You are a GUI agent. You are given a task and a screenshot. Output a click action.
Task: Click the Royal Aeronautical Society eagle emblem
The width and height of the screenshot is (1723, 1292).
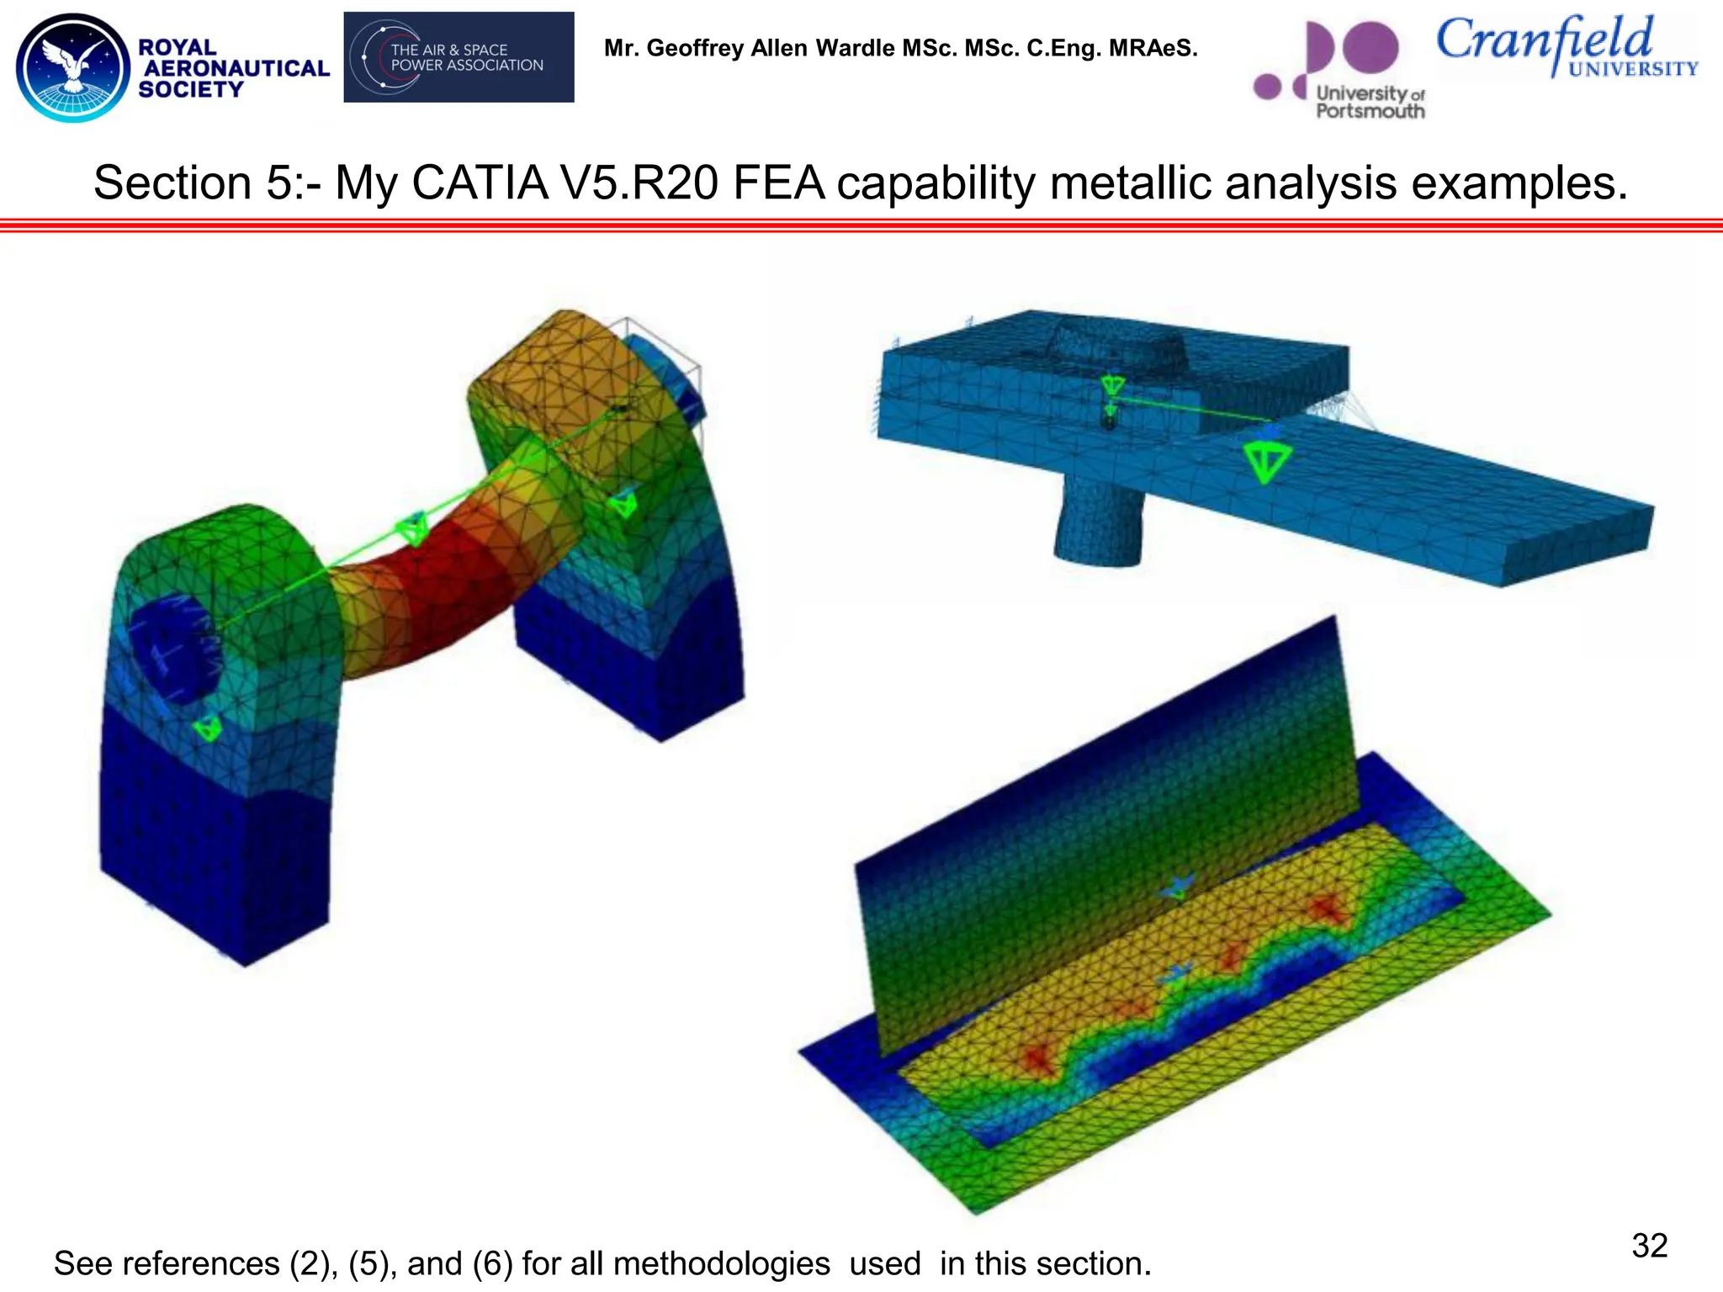click(x=73, y=67)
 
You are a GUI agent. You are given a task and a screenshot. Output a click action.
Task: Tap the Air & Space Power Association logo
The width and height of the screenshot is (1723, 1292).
click(x=459, y=57)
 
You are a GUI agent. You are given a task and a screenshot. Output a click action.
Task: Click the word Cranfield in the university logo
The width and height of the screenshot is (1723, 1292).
click(x=1544, y=40)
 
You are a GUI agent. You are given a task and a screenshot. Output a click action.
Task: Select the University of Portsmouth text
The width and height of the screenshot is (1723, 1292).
click(x=1370, y=102)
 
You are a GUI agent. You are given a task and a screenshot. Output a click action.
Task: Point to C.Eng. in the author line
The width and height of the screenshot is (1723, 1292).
click(x=1063, y=48)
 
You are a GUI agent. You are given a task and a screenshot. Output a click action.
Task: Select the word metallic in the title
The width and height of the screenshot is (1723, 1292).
click(x=1130, y=183)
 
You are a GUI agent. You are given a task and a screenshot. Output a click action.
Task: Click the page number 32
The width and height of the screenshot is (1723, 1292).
click(x=1649, y=1246)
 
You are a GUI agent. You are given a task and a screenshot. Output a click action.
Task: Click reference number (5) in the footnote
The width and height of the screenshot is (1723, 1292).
click(x=369, y=1263)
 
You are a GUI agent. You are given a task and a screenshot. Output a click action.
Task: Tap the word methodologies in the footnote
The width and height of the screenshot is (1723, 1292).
click(x=721, y=1263)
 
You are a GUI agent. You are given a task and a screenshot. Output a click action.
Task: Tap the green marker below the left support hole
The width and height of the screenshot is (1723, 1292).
click(x=208, y=727)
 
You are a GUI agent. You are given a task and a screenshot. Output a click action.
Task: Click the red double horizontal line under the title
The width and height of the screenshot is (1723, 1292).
click(x=861, y=225)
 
